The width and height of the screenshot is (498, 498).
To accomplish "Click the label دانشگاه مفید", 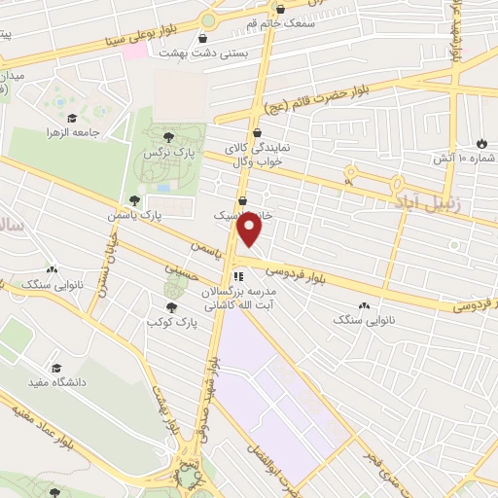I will tap(57, 382).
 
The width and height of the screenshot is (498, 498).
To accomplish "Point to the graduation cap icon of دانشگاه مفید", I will tap(56, 368).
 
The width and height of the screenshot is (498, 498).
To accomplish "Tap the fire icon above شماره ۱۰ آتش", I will tap(483, 142).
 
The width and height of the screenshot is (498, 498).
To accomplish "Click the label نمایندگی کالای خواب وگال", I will tap(256, 155).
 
